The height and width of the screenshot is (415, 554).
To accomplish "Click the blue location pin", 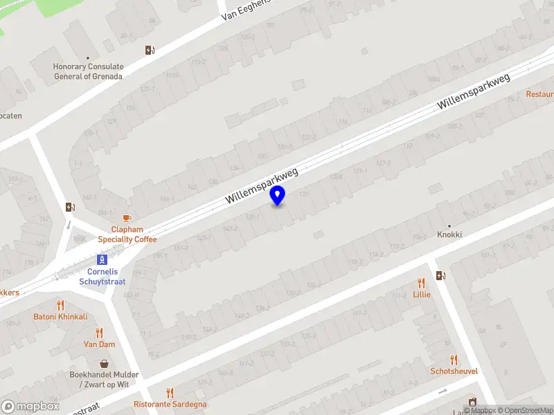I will (x=278, y=195).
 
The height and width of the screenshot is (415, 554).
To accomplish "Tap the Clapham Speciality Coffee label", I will (x=127, y=234).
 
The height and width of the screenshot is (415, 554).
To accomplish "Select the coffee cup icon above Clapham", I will (x=127, y=218).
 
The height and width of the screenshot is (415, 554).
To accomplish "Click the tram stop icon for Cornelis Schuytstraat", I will (x=102, y=259).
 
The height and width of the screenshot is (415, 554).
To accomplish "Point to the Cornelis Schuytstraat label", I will (x=102, y=277).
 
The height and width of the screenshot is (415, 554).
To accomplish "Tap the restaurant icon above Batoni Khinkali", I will (x=60, y=304).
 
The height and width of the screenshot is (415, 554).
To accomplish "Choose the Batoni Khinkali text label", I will (x=60, y=317).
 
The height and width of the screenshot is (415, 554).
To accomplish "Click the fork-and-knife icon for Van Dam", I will (x=99, y=332).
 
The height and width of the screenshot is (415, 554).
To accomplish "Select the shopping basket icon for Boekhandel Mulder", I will (x=105, y=363).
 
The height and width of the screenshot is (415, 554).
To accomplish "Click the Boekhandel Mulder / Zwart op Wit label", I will (x=105, y=379).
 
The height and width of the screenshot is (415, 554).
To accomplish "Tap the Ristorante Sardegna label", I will (x=170, y=404).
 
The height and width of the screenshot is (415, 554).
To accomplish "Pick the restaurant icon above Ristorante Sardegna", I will (x=170, y=392).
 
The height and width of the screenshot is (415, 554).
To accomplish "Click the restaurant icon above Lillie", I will (x=421, y=283).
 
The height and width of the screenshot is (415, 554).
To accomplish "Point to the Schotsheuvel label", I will (x=454, y=371).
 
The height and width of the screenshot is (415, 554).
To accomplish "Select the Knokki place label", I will (x=449, y=235).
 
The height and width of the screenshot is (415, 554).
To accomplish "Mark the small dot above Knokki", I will (x=449, y=225).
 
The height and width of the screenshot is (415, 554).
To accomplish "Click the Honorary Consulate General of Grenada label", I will (x=88, y=72).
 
